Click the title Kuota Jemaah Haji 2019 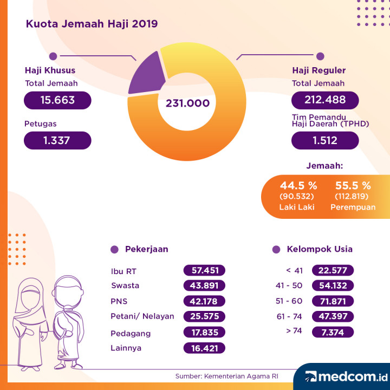click(92, 24)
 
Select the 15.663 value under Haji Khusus click(57, 100)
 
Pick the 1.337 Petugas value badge click(57, 141)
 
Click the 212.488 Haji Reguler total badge click(325, 100)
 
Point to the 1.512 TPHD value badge click(325, 141)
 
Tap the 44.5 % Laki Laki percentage click(298, 185)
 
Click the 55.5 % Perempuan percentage click(353, 185)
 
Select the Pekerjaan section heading click(146, 249)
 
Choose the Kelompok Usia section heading click(320, 249)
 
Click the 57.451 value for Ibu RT click(204, 270)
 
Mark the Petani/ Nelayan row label click(142, 316)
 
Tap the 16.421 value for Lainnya click(204, 348)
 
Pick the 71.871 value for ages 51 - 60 click(333, 301)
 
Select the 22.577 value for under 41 click(333, 270)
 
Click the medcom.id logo click(344, 376)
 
